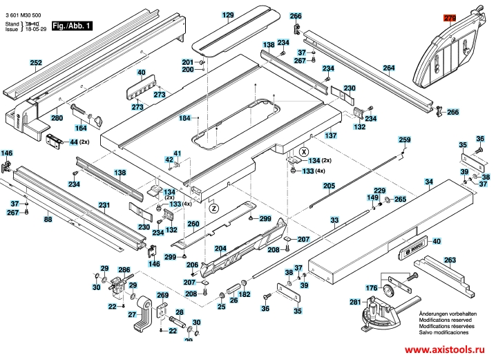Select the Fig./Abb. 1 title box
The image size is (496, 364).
point(71,26)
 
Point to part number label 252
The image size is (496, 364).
point(36,63)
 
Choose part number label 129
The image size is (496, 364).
point(228,15)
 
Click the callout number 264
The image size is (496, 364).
point(389,68)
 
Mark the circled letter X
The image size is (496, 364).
point(302,151)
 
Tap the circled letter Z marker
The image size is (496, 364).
point(213,207)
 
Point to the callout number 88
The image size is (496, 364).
point(48,219)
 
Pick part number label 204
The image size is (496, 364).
point(220,249)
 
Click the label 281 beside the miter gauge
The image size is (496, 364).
point(354,302)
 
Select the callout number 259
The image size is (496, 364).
point(405,140)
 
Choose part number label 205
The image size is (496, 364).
point(328,186)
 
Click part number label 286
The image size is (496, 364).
point(124,270)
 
